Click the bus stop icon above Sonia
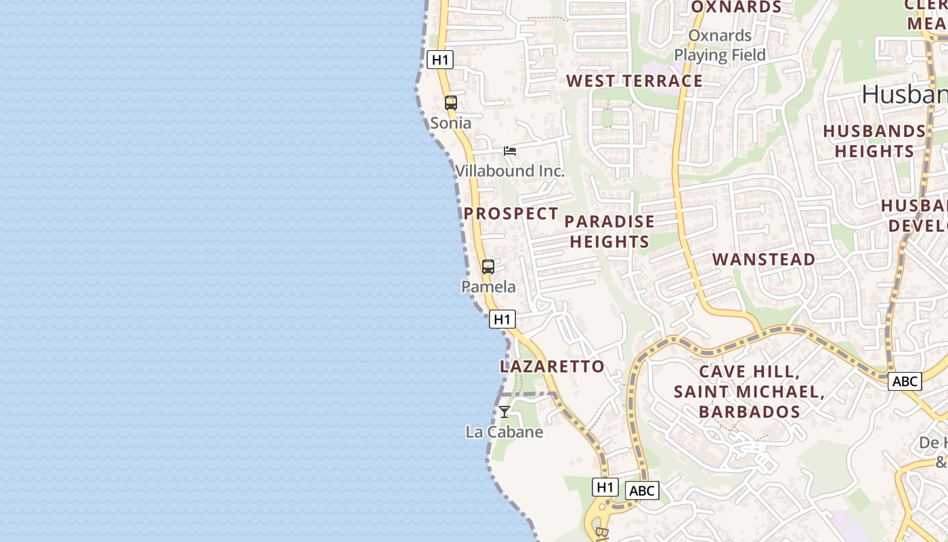(450, 103)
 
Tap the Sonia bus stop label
(450, 123)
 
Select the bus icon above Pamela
(488, 267)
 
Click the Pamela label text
(488, 287)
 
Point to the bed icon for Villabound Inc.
(510, 150)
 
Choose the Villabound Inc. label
(509, 171)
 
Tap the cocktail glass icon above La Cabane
(504, 411)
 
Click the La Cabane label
(504, 432)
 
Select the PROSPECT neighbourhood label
(511, 213)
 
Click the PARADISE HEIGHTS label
(609, 232)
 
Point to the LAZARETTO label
(552, 367)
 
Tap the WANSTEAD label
(764, 259)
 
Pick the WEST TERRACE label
(634, 81)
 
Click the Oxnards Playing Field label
(720, 45)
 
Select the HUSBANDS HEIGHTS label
(874, 141)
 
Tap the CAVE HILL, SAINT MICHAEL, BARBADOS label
(749, 392)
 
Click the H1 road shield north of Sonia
(440, 60)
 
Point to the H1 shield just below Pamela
(502, 319)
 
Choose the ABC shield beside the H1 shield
(641, 491)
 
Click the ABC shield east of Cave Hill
(905, 381)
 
